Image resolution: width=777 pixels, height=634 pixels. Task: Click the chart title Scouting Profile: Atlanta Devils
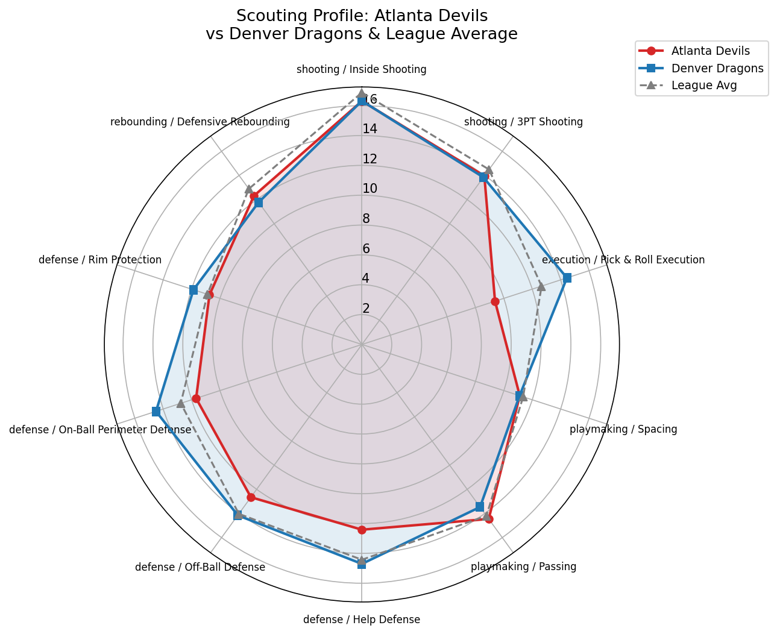[362, 16]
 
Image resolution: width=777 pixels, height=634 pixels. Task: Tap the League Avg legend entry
[704, 86]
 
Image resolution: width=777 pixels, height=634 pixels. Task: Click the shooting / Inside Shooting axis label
[361, 69]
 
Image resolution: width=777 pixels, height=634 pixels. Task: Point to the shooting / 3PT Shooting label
[523, 122]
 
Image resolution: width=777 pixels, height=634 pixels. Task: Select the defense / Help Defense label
[361, 620]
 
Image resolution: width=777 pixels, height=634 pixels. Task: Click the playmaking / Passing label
[523, 567]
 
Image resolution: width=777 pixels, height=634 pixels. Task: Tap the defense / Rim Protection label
[100, 260]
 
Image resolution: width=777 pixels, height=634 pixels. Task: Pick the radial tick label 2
[366, 309]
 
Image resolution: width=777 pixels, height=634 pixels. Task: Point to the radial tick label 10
[370, 189]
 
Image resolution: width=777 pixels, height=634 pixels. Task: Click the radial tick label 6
[366, 249]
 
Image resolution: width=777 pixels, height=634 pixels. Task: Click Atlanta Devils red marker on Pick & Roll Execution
[495, 301]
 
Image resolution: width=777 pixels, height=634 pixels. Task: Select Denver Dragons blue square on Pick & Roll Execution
[567, 278]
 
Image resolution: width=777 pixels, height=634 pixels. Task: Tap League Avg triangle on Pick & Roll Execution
[541, 286]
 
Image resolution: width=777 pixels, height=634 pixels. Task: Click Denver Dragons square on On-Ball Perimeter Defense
[156, 412]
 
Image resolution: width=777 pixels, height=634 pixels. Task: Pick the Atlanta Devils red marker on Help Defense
[362, 530]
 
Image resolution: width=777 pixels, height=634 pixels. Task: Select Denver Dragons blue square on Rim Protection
[193, 290]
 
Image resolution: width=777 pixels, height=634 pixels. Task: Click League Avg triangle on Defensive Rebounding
[248, 189]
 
